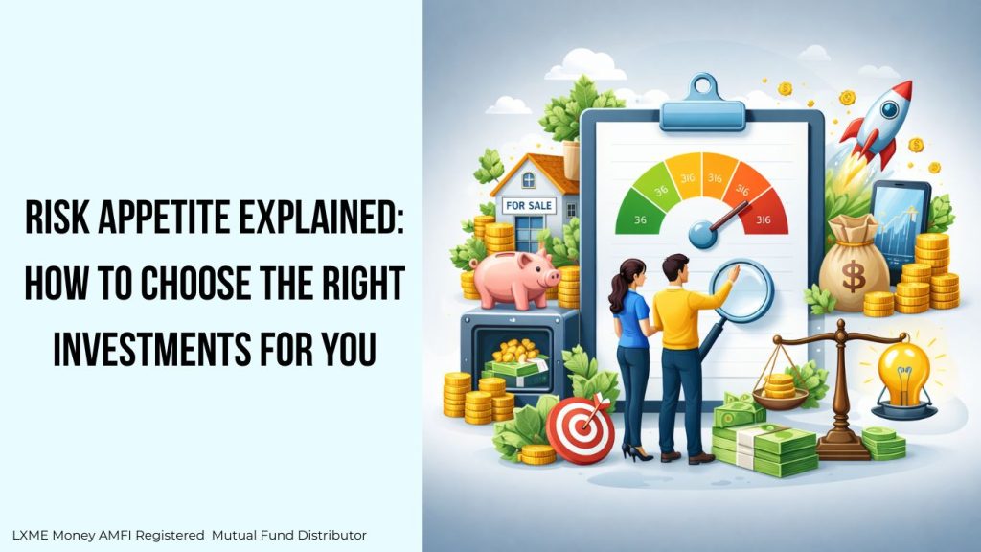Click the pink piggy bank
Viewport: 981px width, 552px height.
514,279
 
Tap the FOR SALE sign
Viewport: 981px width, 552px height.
529,205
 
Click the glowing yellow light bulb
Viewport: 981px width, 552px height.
904,376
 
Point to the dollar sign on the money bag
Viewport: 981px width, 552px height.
854,277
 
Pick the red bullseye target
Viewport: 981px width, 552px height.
580,430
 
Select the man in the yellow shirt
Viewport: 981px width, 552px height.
685,356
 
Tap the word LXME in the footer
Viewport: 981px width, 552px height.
30,535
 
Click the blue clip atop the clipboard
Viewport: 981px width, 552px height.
702,105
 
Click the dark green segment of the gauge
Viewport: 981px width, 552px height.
636,214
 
